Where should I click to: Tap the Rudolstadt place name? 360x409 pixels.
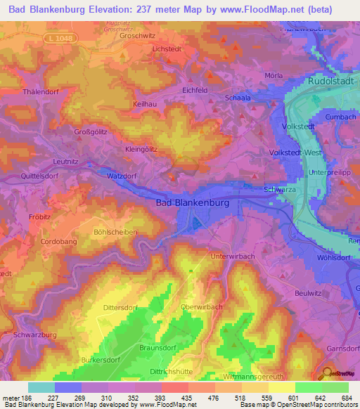coord(333,82)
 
